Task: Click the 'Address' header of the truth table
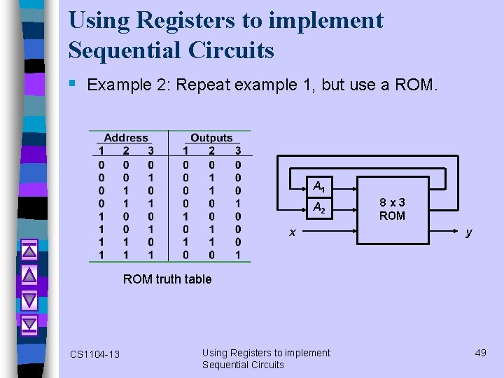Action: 126,139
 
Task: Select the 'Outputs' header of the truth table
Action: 211,139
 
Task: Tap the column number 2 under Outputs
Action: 211,150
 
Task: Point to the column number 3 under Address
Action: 150,150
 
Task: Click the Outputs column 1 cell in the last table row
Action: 185,255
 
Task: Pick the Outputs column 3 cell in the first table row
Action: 237,164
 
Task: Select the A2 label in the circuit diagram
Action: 319,207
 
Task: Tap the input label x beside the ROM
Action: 293,232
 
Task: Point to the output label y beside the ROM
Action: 468,232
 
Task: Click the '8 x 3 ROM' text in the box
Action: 392,209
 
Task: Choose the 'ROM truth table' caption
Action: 167,279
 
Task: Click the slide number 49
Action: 480,352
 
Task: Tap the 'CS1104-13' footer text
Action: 94,354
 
